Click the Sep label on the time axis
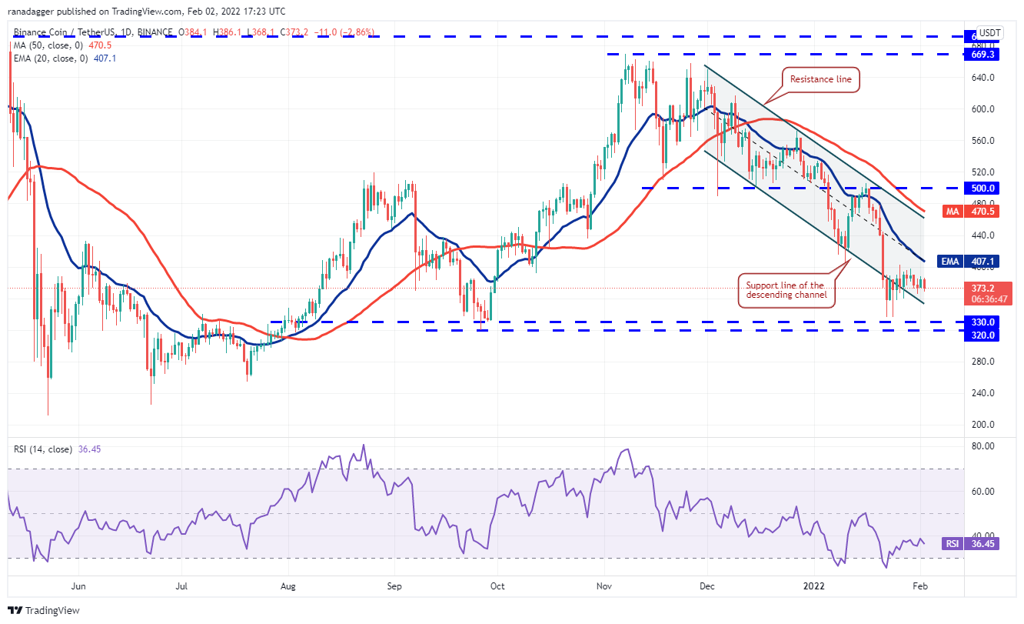pos(393,585)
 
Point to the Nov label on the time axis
pos(604,585)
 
